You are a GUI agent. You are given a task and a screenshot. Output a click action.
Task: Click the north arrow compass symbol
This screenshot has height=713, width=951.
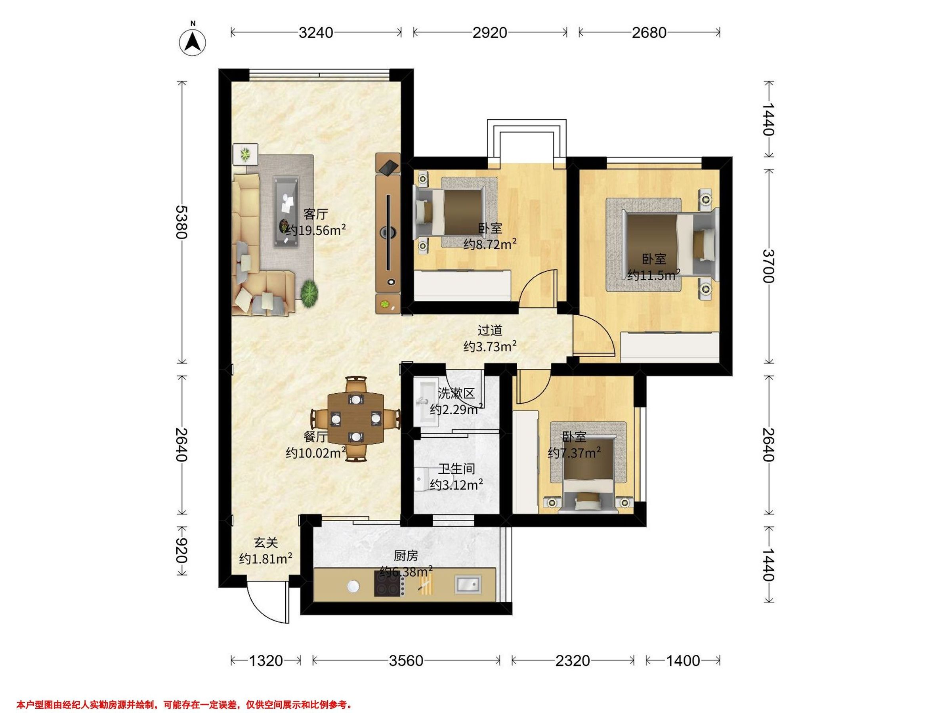pyautogui.click(x=193, y=42)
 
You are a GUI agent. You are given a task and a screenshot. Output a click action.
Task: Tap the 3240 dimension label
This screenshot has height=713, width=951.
pyautogui.click(x=316, y=32)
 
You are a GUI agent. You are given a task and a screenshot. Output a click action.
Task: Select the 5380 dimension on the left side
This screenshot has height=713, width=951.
pyautogui.click(x=182, y=222)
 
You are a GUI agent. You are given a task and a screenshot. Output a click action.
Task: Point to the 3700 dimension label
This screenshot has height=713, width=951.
pyautogui.click(x=769, y=266)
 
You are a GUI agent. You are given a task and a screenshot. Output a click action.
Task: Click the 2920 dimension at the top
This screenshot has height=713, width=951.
pyautogui.click(x=490, y=32)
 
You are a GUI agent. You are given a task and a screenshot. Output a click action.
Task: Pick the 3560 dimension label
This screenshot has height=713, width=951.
pyautogui.click(x=406, y=661)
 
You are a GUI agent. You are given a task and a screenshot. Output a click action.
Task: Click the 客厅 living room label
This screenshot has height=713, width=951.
pyautogui.click(x=316, y=214)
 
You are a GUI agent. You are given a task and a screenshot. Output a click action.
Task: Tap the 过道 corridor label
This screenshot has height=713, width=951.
pyautogui.click(x=490, y=330)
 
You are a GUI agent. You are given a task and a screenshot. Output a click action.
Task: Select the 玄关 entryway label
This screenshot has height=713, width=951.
pyautogui.click(x=266, y=543)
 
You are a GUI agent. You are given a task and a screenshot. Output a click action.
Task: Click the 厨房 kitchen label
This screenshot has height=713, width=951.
pyautogui.click(x=406, y=556)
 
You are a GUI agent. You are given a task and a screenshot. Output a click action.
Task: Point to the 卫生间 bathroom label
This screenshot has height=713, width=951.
pyautogui.click(x=456, y=469)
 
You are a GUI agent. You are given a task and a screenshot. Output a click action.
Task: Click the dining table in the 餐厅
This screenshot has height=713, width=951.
pyautogui.click(x=355, y=418)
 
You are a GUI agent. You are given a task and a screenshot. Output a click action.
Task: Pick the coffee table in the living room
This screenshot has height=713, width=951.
pyautogui.click(x=287, y=212)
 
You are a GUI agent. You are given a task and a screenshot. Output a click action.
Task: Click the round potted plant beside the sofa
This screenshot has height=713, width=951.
pyautogui.click(x=309, y=293)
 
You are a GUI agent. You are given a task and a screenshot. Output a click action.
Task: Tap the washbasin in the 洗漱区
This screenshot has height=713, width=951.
pyautogui.click(x=425, y=403)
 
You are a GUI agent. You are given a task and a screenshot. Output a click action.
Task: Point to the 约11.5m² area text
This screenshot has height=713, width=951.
pyautogui.click(x=653, y=274)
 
